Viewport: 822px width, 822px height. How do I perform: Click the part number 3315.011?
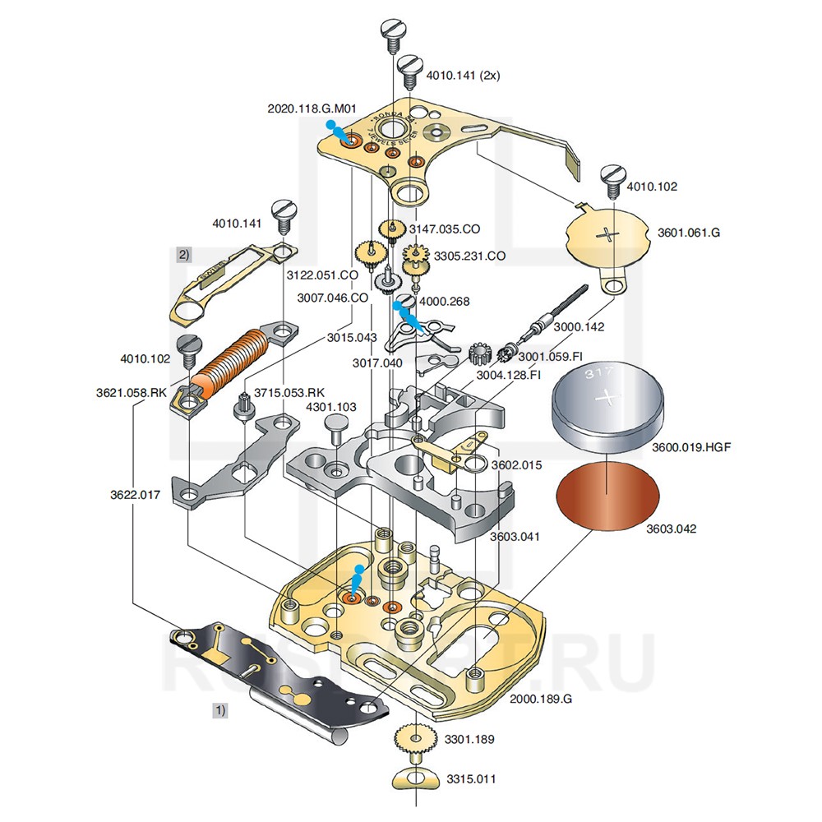pos(471,778)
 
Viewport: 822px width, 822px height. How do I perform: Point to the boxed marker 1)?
pos(219,708)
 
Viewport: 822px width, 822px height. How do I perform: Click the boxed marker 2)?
pos(184,255)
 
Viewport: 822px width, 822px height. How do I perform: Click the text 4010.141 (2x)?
pos(463,75)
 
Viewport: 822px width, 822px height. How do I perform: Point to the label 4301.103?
pos(331,407)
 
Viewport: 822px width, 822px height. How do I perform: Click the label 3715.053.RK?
pos(289,391)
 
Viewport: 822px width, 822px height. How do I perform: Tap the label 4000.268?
pos(445,302)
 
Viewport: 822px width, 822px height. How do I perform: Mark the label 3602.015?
pos(516,464)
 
